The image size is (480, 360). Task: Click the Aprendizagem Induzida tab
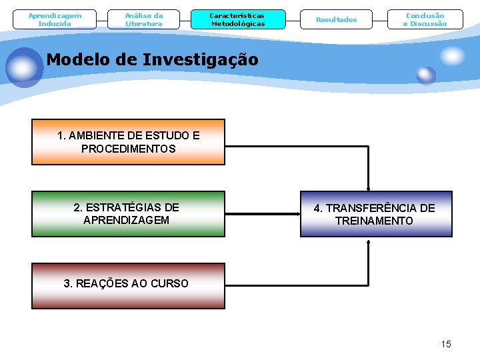point(55,19)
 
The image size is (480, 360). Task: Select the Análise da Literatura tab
point(144,19)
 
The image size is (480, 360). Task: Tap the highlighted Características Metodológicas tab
point(237,19)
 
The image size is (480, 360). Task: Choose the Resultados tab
point(337,19)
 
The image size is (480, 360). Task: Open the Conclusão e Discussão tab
point(425,19)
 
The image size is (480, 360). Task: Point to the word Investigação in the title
point(200,60)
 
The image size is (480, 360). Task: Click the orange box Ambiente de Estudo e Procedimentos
point(129,142)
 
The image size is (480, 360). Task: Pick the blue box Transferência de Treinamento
point(375,214)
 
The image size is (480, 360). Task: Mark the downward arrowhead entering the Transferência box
point(368,188)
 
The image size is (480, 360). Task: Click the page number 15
point(446,344)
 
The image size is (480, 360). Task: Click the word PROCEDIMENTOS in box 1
point(129,149)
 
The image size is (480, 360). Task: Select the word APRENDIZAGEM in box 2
point(127,220)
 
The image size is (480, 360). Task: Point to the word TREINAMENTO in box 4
point(374,221)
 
